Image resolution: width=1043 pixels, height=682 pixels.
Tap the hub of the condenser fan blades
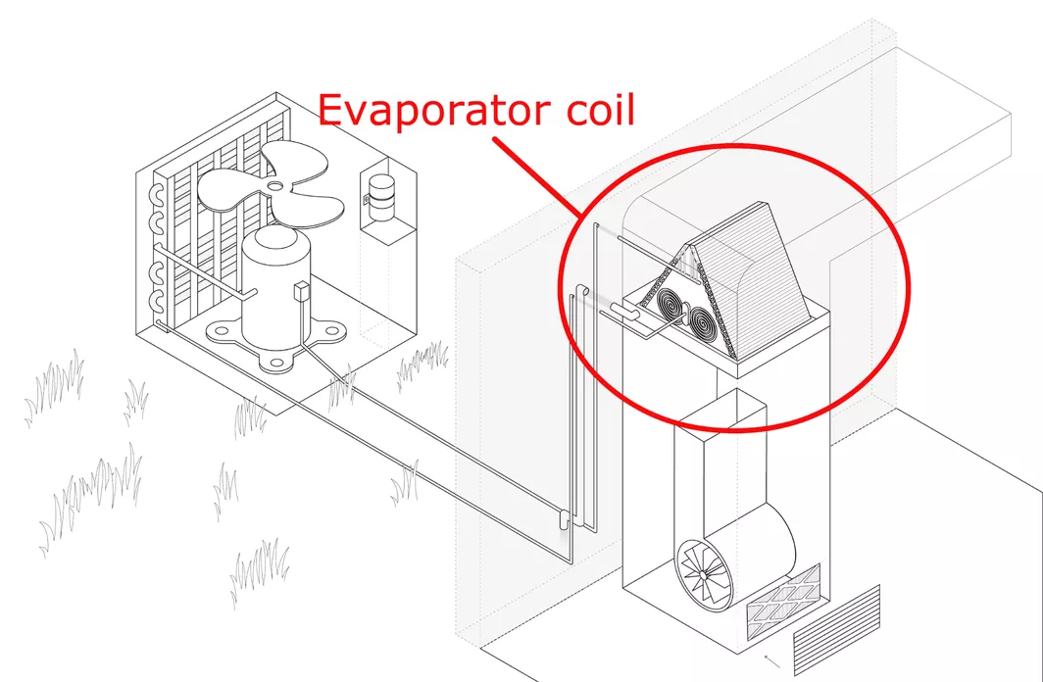[x=276, y=186]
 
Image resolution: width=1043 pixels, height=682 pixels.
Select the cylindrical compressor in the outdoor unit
[x=275, y=287]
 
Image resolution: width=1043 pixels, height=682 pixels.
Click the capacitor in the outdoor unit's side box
[x=382, y=197]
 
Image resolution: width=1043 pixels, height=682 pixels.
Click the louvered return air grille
[x=837, y=629]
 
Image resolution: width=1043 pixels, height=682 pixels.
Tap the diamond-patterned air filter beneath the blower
[x=783, y=602]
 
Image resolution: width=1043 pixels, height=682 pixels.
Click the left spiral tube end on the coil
[x=671, y=306]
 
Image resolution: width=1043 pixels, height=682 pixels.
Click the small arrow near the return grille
[x=772, y=661]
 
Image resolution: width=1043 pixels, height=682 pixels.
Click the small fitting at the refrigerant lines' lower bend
[x=564, y=517]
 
